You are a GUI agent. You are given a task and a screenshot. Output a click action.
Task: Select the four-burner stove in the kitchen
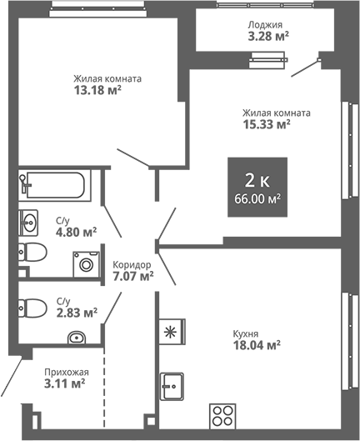[222, 415]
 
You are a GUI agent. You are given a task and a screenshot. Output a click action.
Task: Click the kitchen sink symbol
[173, 386]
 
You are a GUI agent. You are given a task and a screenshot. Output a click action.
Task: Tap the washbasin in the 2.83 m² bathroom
[76, 338]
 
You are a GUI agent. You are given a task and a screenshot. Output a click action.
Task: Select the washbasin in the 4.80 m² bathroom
[29, 223]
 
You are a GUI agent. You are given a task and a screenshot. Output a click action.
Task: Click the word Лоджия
[265, 25]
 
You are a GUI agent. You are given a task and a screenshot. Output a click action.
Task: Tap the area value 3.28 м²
[266, 37]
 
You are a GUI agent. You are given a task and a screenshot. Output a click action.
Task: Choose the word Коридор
[132, 263]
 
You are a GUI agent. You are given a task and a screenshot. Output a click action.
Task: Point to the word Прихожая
[66, 372]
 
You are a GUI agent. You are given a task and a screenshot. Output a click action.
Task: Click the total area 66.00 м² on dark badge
[257, 198]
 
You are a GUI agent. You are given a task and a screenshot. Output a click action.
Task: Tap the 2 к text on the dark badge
[257, 180]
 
